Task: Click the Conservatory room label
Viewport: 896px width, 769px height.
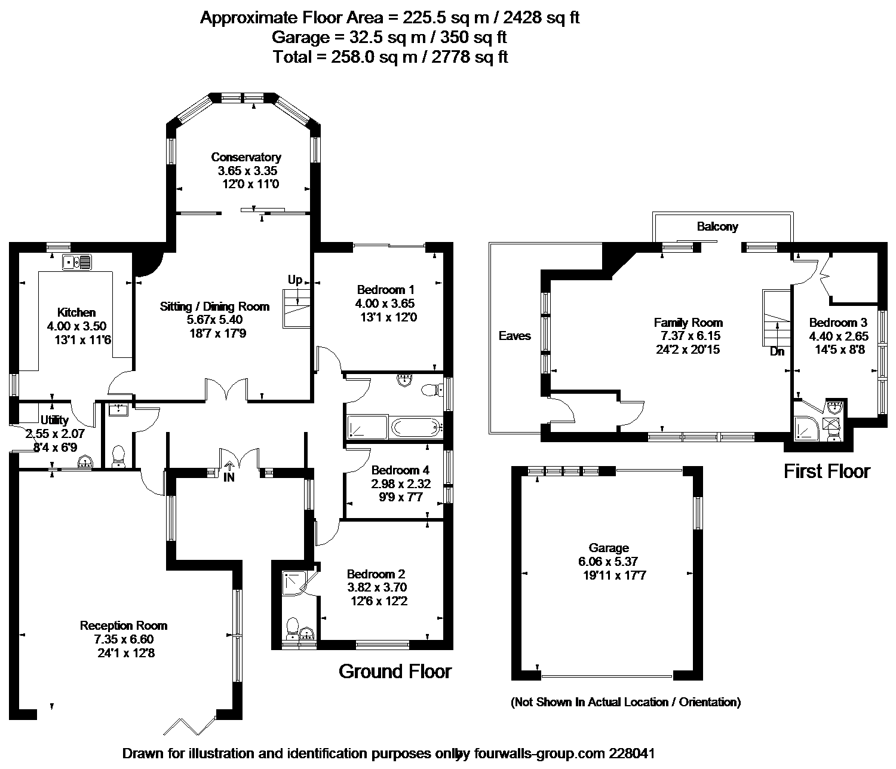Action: [x=246, y=157]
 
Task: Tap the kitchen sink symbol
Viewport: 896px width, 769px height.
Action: [x=77, y=262]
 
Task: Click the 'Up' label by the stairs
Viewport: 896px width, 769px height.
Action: [x=295, y=280]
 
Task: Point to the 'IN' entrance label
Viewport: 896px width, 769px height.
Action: [x=229, y=477]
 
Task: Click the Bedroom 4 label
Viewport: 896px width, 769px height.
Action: [x=400, y=470]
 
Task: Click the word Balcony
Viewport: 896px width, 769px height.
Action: [x=717, y=226]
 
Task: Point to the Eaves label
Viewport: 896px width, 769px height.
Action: [x=514, y=336]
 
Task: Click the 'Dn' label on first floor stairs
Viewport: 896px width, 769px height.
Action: [x=777, y=351]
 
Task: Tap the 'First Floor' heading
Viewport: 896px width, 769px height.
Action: [x=827, y=471]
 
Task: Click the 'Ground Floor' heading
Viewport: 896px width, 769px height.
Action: [x=395, y=671]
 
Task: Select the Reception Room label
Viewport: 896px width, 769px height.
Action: [x=124, y=626]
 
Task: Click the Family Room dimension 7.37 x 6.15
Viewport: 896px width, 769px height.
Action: [x=690, y=336]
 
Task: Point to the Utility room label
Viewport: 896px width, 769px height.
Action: [x=55, y=421]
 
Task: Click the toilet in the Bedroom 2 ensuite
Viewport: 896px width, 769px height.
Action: [x=293, y=628]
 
